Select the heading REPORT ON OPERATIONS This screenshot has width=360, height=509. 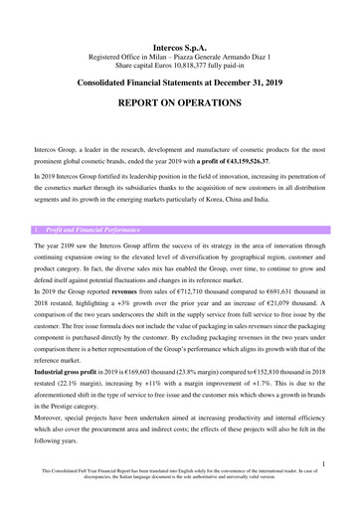click(180, 102)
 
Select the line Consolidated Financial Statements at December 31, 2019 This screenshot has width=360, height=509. click(180, 84)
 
